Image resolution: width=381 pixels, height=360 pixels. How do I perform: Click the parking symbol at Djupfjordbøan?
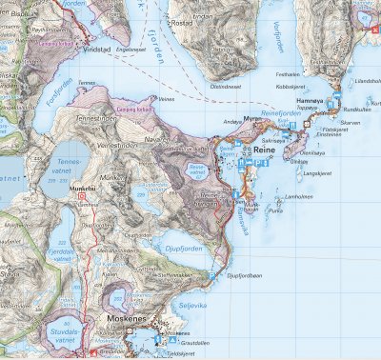(x=212, y=276)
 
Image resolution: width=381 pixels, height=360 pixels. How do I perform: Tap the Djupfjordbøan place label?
(x=244, y=277)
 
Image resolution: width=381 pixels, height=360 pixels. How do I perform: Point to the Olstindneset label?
(x=229, y=85)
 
